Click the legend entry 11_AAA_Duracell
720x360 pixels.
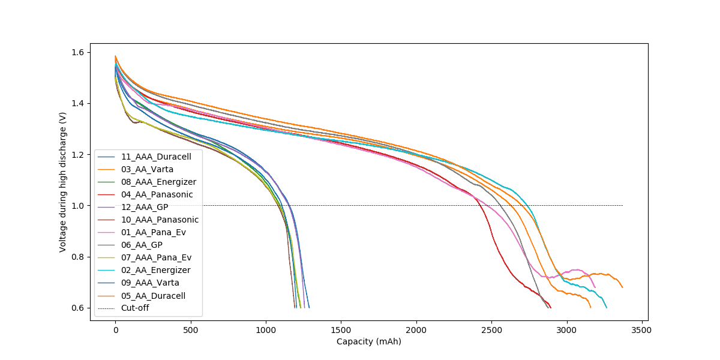[156, 157]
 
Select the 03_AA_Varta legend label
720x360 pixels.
[147, 169]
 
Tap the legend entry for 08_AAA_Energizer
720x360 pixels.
[158, 182]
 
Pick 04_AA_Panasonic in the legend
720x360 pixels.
[157, 194]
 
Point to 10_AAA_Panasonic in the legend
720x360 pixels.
[160, 220]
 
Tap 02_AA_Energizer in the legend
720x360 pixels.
[155, 270]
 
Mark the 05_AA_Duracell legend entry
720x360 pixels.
[153, 295]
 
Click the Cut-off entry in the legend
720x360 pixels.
[135, 308]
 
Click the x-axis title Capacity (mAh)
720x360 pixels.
[368, 342]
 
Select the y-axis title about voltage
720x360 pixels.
[63, 182]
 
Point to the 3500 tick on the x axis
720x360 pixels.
[641, 330]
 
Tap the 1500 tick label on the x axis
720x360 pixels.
[341, 330]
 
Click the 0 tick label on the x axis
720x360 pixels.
[115, 330]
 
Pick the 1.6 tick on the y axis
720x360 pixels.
[77, 52]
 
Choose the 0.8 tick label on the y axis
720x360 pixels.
[77, 257]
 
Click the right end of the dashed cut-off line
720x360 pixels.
[622, 206]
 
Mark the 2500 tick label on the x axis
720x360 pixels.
[491, 330]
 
